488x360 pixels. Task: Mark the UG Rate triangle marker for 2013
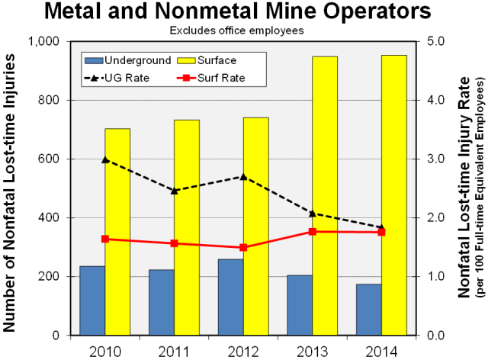point(313,213)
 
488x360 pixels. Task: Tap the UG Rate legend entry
point(121,78)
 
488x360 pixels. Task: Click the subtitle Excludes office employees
point(242,31)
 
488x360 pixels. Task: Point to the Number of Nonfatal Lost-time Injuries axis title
point(11,188)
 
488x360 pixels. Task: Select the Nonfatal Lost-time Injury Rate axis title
point(465,188)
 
